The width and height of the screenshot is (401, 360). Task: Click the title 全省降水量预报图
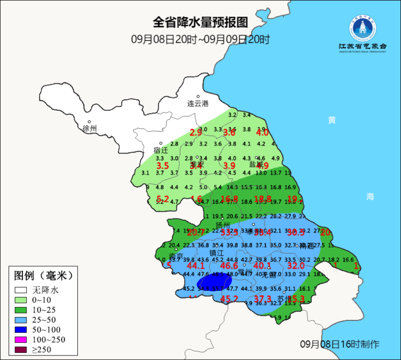200,23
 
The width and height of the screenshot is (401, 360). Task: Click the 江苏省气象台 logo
362,35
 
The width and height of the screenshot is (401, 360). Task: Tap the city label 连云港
198,104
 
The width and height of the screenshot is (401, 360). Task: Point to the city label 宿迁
161,150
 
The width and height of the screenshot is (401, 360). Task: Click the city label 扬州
223,225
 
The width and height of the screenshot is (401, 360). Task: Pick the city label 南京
176,256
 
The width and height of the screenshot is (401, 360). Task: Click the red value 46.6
229,266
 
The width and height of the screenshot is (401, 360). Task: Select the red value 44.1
196,266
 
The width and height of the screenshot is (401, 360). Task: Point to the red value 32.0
296,266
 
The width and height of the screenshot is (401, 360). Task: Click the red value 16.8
229,198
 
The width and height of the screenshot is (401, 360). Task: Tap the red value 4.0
262,132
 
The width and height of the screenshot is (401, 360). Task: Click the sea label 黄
332,120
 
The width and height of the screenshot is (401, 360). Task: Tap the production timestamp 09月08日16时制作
339,344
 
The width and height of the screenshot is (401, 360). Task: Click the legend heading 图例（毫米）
43,276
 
